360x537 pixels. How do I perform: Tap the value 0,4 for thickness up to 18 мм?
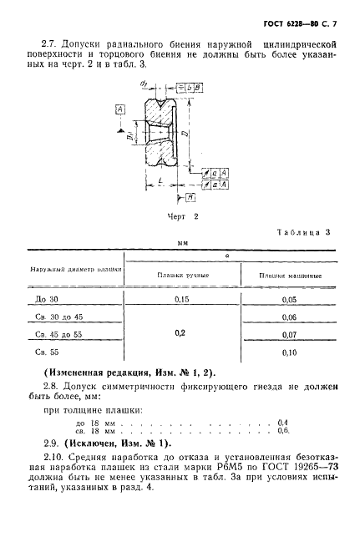click(281, 422)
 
